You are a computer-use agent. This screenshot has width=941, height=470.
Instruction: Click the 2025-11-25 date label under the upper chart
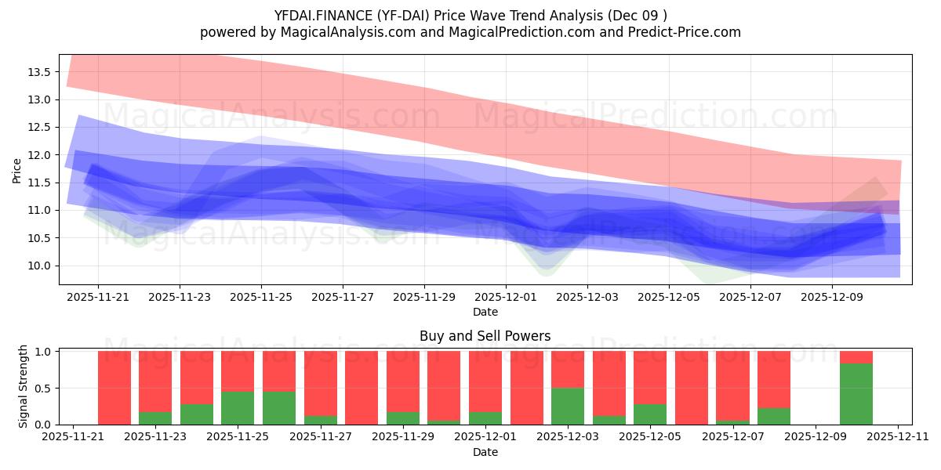coord(261,298)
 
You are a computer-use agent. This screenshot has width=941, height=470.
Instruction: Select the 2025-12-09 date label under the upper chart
coord(832,298)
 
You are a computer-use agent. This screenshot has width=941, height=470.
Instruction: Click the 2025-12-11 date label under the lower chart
coord(897,437)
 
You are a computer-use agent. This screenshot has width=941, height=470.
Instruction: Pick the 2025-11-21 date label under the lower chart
coord(73,437)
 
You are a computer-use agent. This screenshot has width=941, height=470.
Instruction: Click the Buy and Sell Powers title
coord(485,336)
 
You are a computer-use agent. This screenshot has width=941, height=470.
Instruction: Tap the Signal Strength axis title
coord(24,386)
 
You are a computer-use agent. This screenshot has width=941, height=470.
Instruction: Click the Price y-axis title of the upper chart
coord(17,170)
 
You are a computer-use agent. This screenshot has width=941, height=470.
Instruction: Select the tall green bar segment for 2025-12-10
coord(856,394)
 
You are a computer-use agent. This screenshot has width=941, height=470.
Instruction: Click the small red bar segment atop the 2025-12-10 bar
coord(856,357)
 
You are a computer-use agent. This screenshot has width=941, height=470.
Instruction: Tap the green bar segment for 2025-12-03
coord(568,406)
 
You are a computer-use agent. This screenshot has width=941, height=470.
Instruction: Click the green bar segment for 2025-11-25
coord(238,407)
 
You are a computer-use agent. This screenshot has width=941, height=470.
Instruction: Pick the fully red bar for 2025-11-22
coord(114,388)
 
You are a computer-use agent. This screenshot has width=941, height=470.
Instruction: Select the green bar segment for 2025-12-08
coord(773,416)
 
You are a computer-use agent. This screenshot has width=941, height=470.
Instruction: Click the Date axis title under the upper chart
coord(485,312)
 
